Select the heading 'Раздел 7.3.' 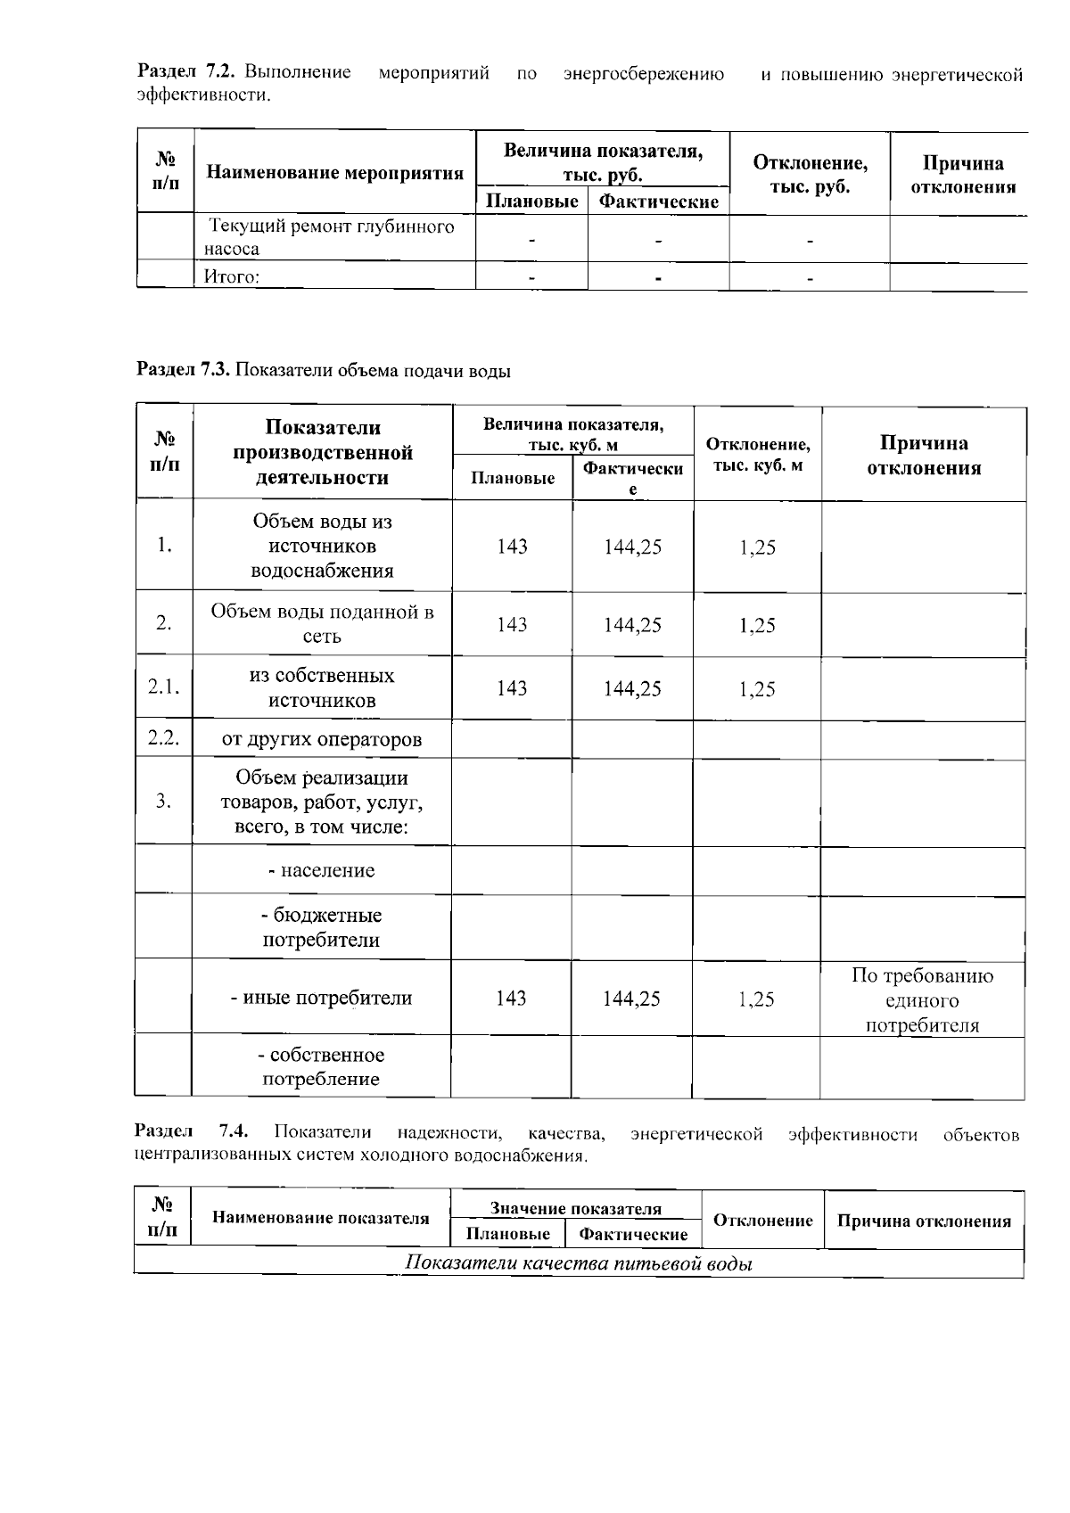[184, 371]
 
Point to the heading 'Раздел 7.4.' [191, 1133]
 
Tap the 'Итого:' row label [232, 277]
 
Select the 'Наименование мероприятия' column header [334, 173]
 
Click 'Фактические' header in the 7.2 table [658, 201]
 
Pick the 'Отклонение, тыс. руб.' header [810, 174]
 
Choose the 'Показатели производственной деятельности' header [323, 452]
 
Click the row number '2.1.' [164, 687]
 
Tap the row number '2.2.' [164, 738]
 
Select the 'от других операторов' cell [322, 739]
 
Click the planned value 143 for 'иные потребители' [511, 999]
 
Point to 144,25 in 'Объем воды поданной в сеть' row [632, 625]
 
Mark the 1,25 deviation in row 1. [757, 547]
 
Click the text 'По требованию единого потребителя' [922, 1000]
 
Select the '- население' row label [322, 870]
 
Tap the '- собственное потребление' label [321, 1067]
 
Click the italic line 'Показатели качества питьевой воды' [579, 1263]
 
